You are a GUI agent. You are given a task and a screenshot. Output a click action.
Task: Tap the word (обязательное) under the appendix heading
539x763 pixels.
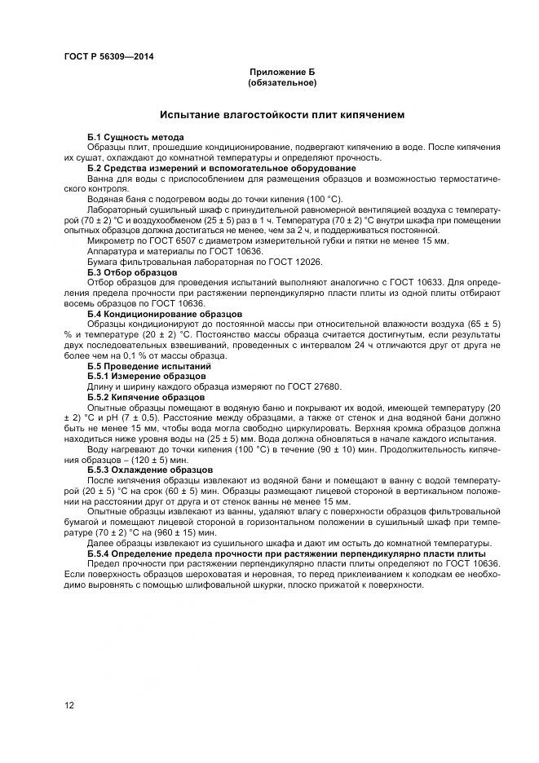282,82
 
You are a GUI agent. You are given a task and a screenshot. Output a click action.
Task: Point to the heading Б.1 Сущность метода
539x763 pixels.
135,136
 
